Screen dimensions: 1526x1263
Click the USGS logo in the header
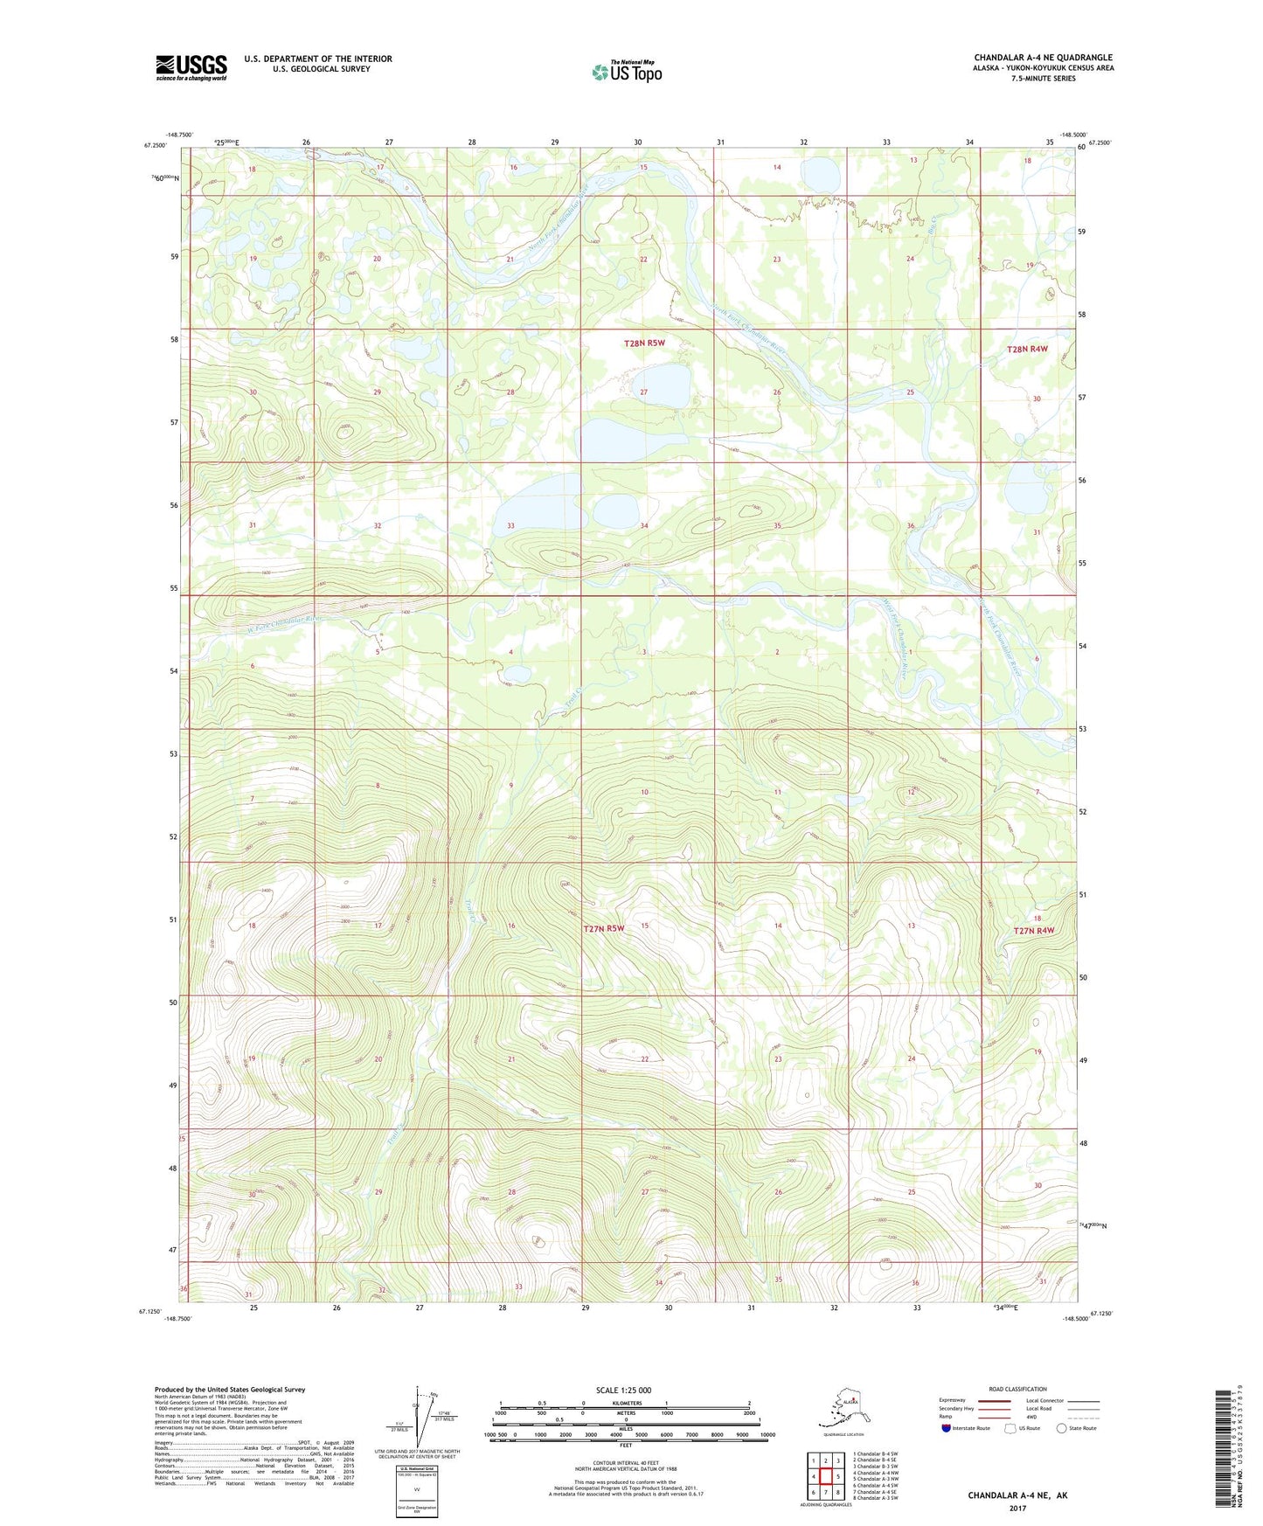pyautogui.click(x=191, y=67)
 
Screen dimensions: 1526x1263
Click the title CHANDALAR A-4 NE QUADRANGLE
pyautogui.click(x=1043, y=58)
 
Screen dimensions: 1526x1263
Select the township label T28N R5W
pyautogui.click(x=644, y=343)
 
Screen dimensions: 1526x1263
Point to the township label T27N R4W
pyautogui.click(x=1033, y=931)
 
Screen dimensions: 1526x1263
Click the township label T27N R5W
pyautogui.click(x=604, y=928)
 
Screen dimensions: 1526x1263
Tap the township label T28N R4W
pyautogui.click(x=1026, y=349)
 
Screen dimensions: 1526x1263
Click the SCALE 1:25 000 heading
pyautogui.click(x=623, y=1390)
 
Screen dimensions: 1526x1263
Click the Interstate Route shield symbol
pyautogui.click(x=947, y=1428)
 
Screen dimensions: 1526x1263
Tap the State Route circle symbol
pyautogui.click(x=1062, y=1428)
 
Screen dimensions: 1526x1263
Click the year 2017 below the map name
pyautogui.click(x=1017, y=1508)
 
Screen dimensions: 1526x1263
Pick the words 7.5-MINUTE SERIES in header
pyautogui.click(x=1044, y=79)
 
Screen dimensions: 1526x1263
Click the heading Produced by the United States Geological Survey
pyautogui.click(x=229, y=1389)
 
